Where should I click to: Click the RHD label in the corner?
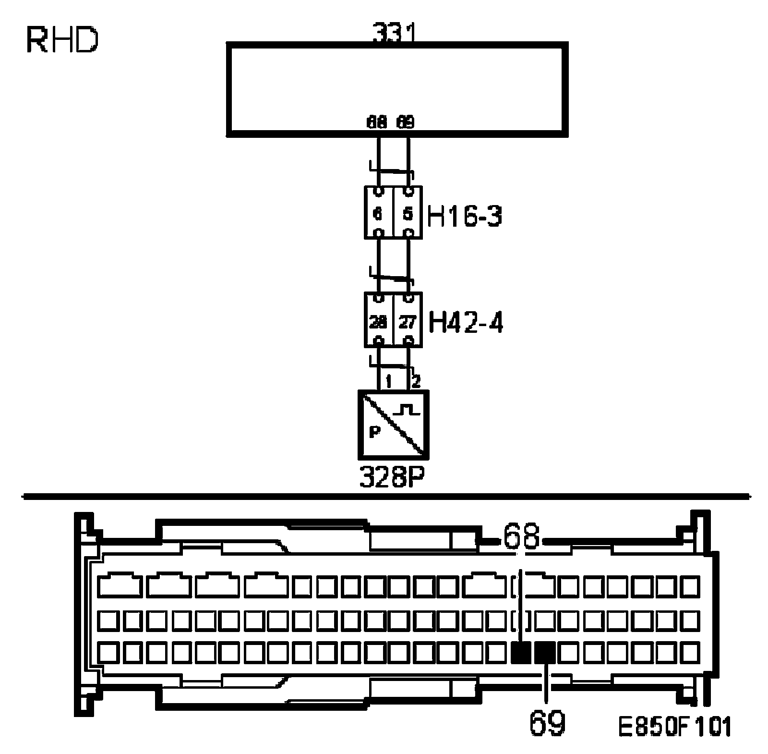coord(62,41)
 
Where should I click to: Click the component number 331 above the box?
coord(394,35)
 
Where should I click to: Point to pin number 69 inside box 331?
coord(406,122)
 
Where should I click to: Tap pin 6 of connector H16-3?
coord(379,213)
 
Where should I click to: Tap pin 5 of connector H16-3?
coord(408,213)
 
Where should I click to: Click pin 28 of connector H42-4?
coord(378,321)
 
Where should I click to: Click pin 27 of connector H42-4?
coord(408,321)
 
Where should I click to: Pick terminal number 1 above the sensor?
coord(388,382)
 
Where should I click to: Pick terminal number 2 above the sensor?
coord(416,382)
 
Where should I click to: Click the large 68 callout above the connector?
coord(521,538)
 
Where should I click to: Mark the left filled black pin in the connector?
coord(521,653)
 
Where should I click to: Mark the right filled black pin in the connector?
coord(545,653)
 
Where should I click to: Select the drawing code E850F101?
coord(674,726)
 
